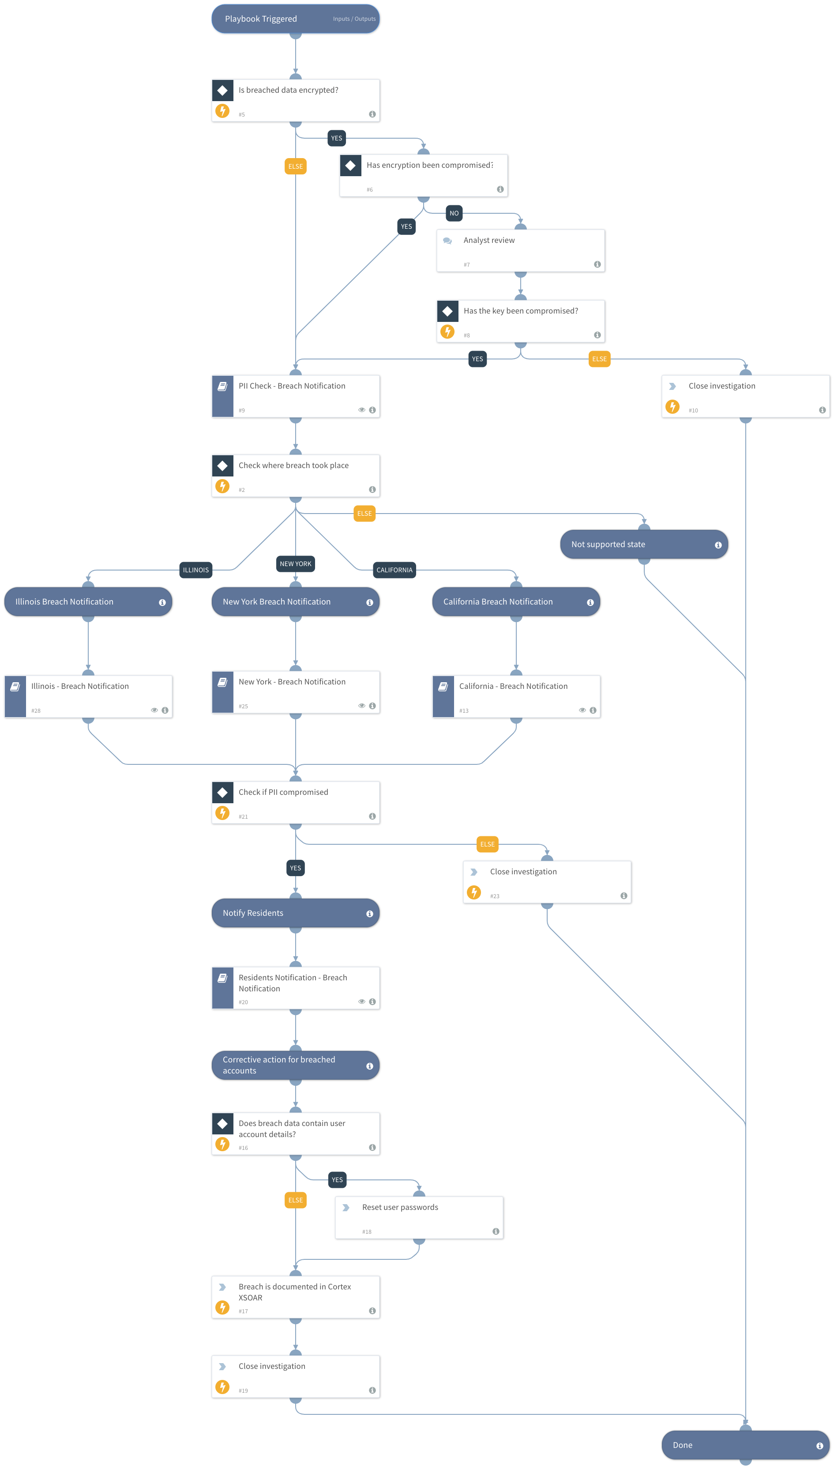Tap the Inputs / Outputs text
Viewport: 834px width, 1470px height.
click(354, 19)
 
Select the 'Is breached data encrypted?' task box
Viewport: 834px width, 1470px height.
click(296, 100)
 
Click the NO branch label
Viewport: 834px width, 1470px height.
click(454, 213)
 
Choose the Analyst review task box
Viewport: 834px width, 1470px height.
click(520, 250)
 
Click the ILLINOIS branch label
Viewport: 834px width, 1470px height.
click(195, 570)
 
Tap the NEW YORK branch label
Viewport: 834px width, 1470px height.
click(296, 563)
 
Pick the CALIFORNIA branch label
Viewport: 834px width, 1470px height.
click(394, 570)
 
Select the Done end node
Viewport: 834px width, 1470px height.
click(745, 1445)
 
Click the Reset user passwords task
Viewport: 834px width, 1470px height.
click(419, 1217)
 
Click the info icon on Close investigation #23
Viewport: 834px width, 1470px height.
click(624, 896)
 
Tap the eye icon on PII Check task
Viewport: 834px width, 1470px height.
click(361, 410)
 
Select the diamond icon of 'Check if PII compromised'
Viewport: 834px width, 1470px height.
click(222, 792)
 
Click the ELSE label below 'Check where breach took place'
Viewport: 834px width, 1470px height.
click(364, 514)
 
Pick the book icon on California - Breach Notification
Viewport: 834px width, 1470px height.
click(443, 687)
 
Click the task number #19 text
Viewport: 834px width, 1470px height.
click(244, 1391)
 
